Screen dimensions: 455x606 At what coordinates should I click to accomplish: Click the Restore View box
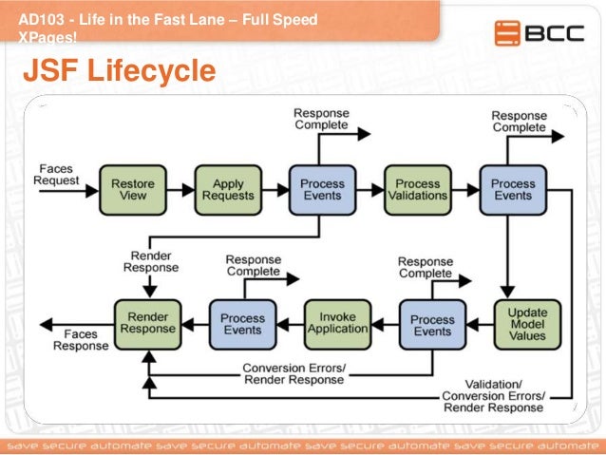click(x=133, y=190)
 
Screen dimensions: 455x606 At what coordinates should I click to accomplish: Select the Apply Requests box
click(x=228, y=190)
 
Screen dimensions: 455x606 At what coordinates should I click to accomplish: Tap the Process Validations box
click(x=418, y=190)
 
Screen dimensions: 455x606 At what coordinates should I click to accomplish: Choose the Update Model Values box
click(x=527, y=324)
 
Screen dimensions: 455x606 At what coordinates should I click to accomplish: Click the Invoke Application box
click(x=337, y=324)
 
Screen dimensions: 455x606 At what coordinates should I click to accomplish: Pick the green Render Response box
click(x=147, y=324)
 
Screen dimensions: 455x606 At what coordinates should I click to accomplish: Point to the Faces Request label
click(x=57, y=174)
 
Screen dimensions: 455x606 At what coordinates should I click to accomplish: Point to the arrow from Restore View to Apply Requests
click(x=180, y=190)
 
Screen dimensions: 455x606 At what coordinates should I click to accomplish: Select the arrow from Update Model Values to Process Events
click(x=480, y=324)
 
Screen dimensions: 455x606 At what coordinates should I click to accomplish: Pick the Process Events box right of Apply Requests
click(x=323, y=190)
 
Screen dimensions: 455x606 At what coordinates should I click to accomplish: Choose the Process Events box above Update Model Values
click(x=513, y=190)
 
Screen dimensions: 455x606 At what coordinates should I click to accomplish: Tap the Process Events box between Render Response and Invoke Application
click(x=242, y=324)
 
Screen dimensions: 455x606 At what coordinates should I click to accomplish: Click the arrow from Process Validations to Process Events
click(x=465, y=190)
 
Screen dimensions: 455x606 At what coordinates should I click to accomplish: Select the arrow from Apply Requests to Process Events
click(x=275, y=190)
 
